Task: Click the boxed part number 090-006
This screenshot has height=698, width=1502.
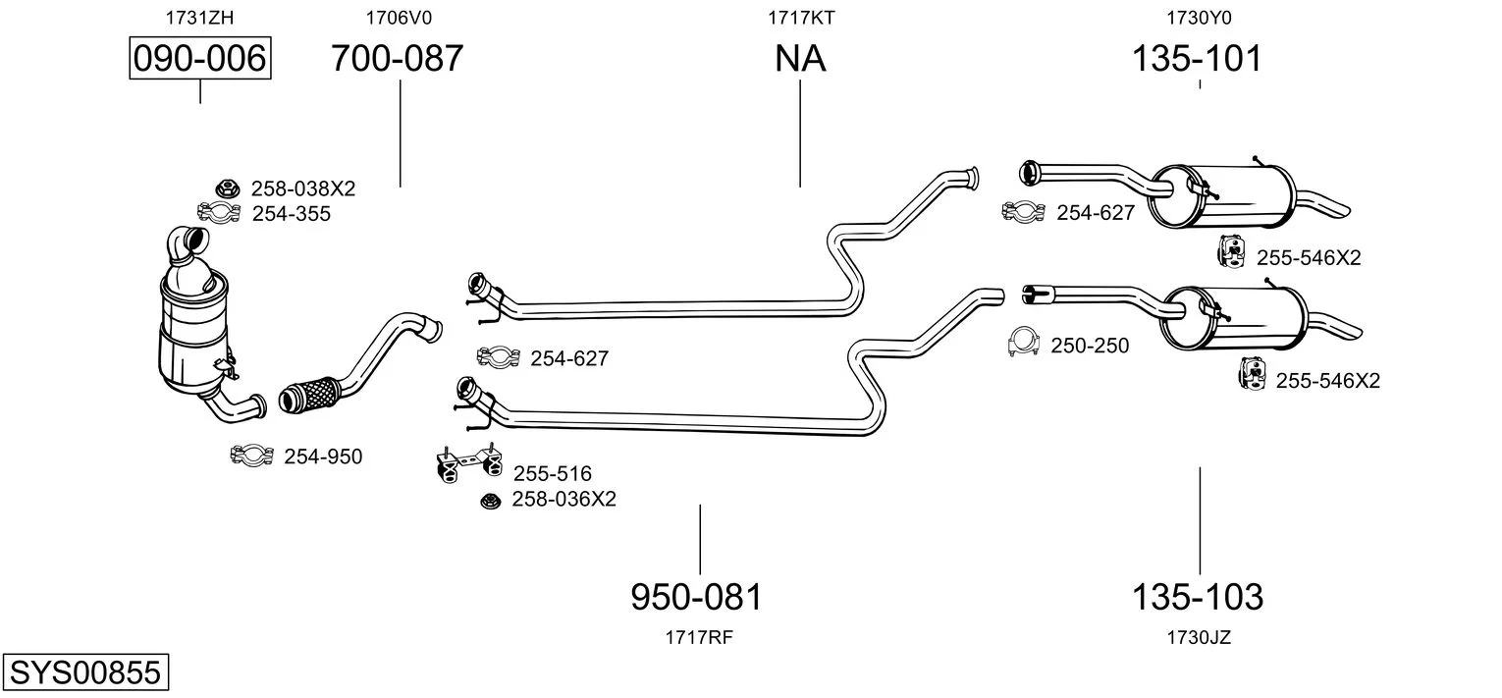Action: [200, 59]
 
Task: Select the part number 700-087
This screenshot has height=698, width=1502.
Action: [397, 59]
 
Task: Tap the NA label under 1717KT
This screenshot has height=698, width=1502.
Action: [800, 59]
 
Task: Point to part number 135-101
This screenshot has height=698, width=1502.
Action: [1197, 59]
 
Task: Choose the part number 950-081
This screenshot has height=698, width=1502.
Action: [696, 596]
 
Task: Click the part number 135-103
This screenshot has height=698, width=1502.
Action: [1198, 596]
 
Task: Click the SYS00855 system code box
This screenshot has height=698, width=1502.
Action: [84, 673]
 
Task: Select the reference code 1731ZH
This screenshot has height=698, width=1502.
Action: [200, 17]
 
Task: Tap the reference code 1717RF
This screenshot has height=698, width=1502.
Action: [699, 637]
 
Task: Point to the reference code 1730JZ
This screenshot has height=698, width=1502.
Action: [1199, 637]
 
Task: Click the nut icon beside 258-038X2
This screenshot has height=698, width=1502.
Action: [227, 188]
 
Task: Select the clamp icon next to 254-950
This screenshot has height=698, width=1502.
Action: [251, 456]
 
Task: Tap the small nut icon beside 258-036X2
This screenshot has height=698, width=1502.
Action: [489, 501]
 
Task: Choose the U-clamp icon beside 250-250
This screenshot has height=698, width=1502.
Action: [1023, 343]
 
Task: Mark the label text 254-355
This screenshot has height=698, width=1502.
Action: [292, 214]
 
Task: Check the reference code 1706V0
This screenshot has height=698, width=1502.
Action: [399, 17]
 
